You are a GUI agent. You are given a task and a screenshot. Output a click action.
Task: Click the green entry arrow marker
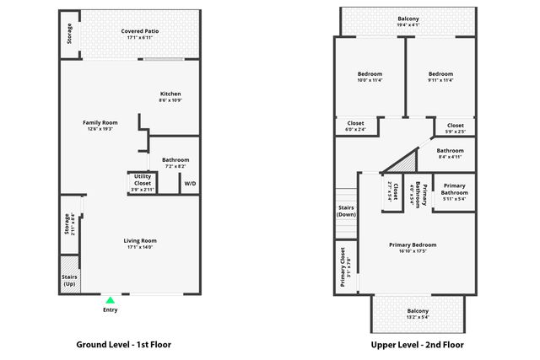coord(109,299)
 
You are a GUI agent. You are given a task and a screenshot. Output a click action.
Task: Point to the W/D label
coord(190,183)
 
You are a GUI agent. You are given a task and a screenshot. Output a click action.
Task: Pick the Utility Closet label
coord(143,180)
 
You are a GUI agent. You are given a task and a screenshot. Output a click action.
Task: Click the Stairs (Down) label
coord(346,211)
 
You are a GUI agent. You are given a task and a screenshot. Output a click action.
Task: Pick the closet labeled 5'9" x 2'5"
coord(455,128)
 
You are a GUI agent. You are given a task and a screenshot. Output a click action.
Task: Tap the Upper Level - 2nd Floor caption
coord(417,345)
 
